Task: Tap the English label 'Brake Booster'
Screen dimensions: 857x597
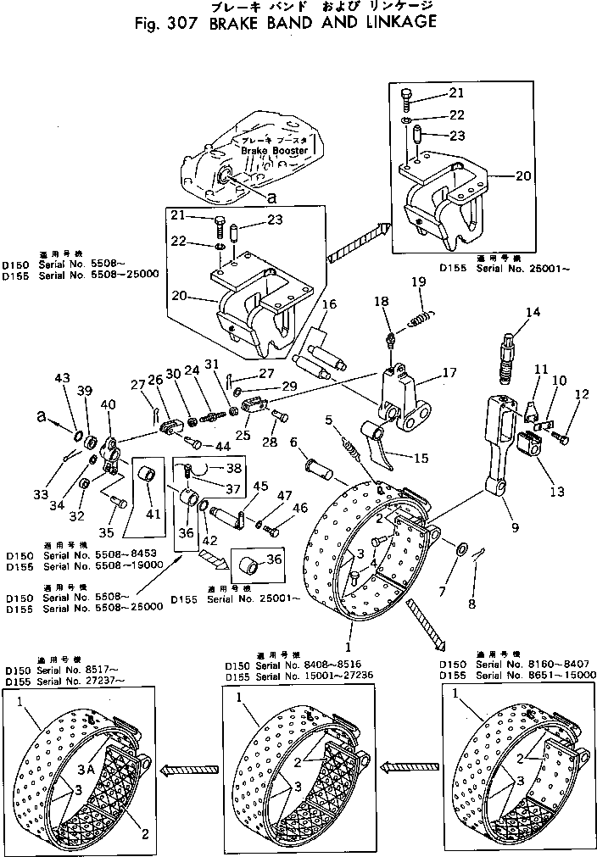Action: pyautogui.click(x=274, y=150)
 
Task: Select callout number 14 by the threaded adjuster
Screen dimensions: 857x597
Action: pyautogui.click(x=532, y=312)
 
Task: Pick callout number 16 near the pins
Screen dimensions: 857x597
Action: pyautogui.click(x=328, y=304)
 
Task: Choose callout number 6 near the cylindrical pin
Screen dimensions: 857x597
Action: pyautogui.click(x=293, y=442)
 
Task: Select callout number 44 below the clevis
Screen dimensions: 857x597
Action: pyautogui.click(x=222, y=446)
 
